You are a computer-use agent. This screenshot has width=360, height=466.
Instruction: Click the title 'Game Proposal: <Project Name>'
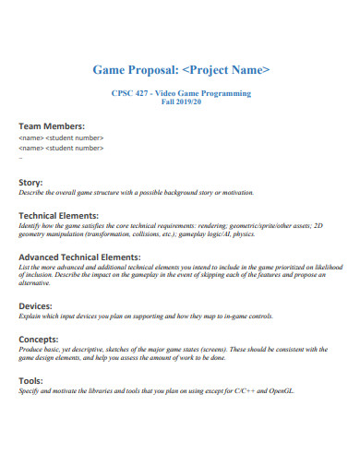[x=181, y=69]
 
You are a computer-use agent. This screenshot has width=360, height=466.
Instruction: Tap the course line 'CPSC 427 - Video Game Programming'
[x=181, y=94]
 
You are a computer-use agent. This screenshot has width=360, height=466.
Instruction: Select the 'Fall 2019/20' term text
[x=181, y=102]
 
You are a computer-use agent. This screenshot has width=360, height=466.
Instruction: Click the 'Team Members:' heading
[x=52, y=126]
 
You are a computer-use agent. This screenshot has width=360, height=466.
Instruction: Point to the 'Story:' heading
[x=31, y=183]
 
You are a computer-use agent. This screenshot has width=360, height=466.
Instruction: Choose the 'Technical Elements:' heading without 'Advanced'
[x=58, y=214]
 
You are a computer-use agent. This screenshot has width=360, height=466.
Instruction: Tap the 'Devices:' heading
[x=36, y=305]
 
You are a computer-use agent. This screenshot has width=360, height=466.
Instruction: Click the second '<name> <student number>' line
[x=61, y=147]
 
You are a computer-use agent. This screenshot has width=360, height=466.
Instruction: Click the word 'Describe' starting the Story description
[x=31, y=193]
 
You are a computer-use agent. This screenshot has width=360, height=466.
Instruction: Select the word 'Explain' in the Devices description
[x=30, y=316]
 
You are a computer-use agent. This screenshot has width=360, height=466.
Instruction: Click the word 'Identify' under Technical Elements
[x=31, y=225]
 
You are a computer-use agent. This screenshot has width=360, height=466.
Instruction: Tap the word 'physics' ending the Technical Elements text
[x=244, y=234]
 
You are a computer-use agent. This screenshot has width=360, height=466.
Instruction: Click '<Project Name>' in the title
[x=227, y=69]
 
